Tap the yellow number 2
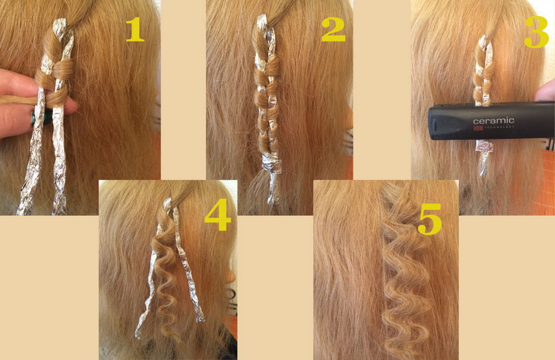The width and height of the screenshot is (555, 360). click(333, 29)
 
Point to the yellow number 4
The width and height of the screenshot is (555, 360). click(217, 214)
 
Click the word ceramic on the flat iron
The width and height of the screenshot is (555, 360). click(493, 121)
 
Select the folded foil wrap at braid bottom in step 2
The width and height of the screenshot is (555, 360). click(272, 163)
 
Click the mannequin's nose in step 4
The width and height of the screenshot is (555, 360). click(231, 275)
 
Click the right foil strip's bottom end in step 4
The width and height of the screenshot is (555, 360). click(201, 320)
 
